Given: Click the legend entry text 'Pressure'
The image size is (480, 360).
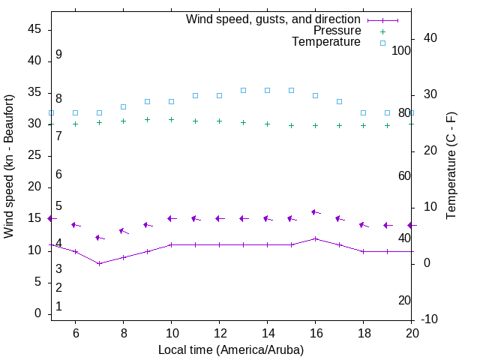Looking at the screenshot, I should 337,31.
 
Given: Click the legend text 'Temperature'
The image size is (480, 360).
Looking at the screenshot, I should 326,42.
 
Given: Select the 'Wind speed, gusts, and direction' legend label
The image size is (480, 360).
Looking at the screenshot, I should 273,19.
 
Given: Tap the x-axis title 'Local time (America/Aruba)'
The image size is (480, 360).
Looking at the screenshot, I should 231,349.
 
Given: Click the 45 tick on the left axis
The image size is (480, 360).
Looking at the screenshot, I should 34,28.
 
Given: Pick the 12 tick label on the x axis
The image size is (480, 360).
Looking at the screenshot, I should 219,332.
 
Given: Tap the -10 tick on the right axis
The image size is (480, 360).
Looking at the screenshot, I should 430,319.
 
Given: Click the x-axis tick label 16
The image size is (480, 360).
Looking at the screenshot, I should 315,332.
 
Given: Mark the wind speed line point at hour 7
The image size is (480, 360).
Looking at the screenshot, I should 99,263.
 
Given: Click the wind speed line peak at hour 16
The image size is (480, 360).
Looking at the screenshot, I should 316,238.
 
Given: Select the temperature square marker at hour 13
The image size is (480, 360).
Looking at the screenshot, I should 243,90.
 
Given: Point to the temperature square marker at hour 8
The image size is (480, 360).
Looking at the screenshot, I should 123,106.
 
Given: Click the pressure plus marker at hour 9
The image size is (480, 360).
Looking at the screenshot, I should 147,119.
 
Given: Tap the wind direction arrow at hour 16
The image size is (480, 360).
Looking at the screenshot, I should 316,213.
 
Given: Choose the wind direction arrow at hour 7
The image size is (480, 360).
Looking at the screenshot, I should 99,238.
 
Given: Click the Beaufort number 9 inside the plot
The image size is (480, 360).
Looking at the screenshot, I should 58,55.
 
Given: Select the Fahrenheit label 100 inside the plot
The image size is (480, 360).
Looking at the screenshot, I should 401,50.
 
